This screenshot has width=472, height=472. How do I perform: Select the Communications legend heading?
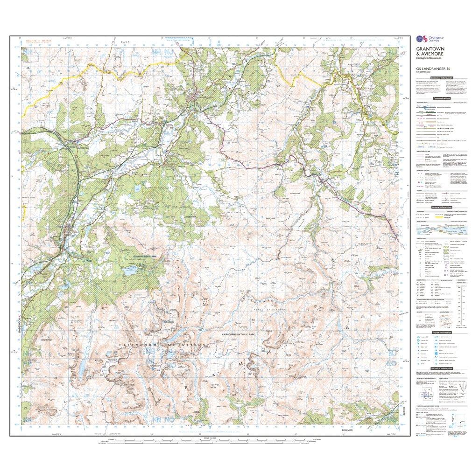tap(441, 98)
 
